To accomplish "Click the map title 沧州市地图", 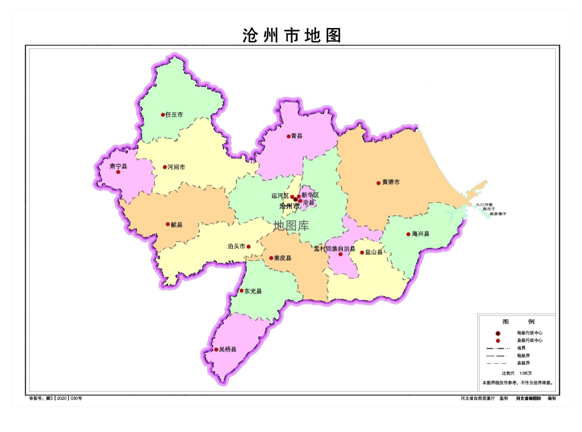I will click(x=292, y=35).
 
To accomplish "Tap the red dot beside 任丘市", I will click(x=163, y=115).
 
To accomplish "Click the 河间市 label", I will click(x=176, y=167).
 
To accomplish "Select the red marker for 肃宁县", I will click(x=118, y=172).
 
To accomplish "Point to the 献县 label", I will click(x=176, y=224).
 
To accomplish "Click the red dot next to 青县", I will click(x=288, y=136).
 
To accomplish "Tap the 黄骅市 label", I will click(x=391, y=182).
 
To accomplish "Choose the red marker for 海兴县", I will click(x=408, y=234).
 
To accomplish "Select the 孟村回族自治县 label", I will click(x=334, y=248).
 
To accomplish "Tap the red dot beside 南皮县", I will click(x=271, y=258).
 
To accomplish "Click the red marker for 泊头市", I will click(x=249, y=247).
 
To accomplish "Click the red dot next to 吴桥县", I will click(x=216, y=350).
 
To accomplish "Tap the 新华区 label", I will click(x=310, y=195).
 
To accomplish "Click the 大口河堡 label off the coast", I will click(x=484, y=205).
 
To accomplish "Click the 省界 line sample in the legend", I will click(x=498, y=347).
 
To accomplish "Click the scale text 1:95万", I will click(x=526, y=373).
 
